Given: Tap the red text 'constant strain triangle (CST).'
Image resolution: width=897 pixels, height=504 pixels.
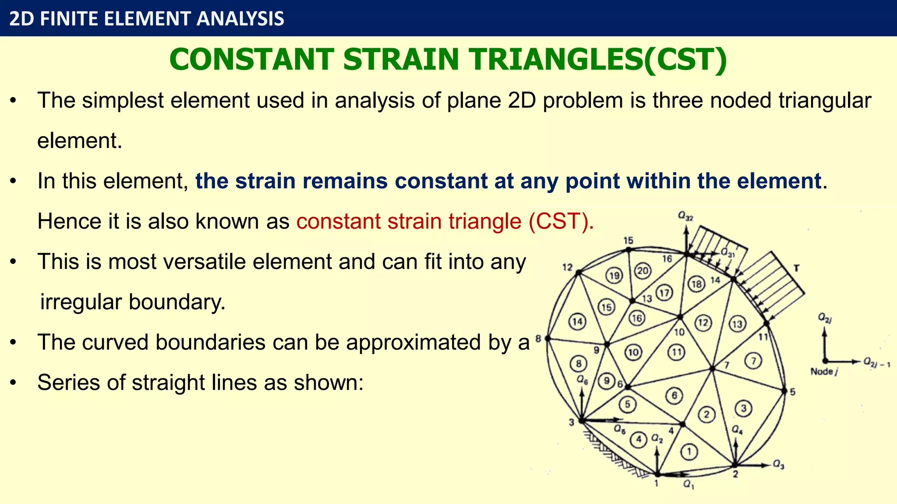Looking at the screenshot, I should click(445, 221).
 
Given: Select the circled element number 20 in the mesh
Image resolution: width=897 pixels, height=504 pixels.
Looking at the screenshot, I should click(643, 271).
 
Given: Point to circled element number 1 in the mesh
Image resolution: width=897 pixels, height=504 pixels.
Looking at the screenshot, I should click(689, 451).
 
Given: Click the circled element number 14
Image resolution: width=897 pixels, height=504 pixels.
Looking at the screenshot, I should click(577, 322).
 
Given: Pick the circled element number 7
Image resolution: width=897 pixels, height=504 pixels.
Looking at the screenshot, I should click(753, 361).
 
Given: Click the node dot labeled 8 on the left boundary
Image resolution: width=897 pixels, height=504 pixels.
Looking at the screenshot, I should click(547, 338).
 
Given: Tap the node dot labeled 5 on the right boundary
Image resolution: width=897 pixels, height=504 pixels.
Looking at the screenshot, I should click(784, 391).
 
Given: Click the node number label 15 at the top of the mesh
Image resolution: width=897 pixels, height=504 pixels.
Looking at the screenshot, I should click(628, 241).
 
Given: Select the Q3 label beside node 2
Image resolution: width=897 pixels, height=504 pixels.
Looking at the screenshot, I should click(778, 464).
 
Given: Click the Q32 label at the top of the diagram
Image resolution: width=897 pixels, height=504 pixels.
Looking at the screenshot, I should click(685, 216).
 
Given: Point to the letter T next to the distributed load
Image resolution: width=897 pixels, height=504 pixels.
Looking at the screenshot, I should click(796, 268).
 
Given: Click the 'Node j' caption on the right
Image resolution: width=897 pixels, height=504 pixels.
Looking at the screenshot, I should click(824, 372).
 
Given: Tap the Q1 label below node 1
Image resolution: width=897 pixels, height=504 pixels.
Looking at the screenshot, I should click(689, 484).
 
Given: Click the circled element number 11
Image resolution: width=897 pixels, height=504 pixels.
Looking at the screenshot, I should click(676, 352).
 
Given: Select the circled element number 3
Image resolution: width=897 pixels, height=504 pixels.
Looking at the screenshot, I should click(743, 409).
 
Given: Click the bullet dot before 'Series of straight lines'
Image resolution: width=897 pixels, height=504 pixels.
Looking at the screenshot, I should click(14, 383).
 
